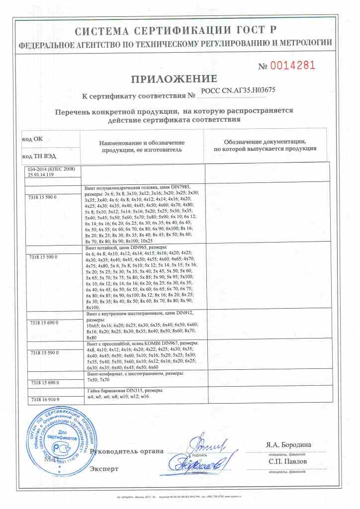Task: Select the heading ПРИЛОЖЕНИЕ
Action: [174, 79]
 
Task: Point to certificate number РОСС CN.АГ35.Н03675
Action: [238, 90]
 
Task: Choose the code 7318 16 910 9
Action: [44, 399]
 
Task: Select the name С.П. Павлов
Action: [286, 461]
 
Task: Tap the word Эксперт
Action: [104, 468]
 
